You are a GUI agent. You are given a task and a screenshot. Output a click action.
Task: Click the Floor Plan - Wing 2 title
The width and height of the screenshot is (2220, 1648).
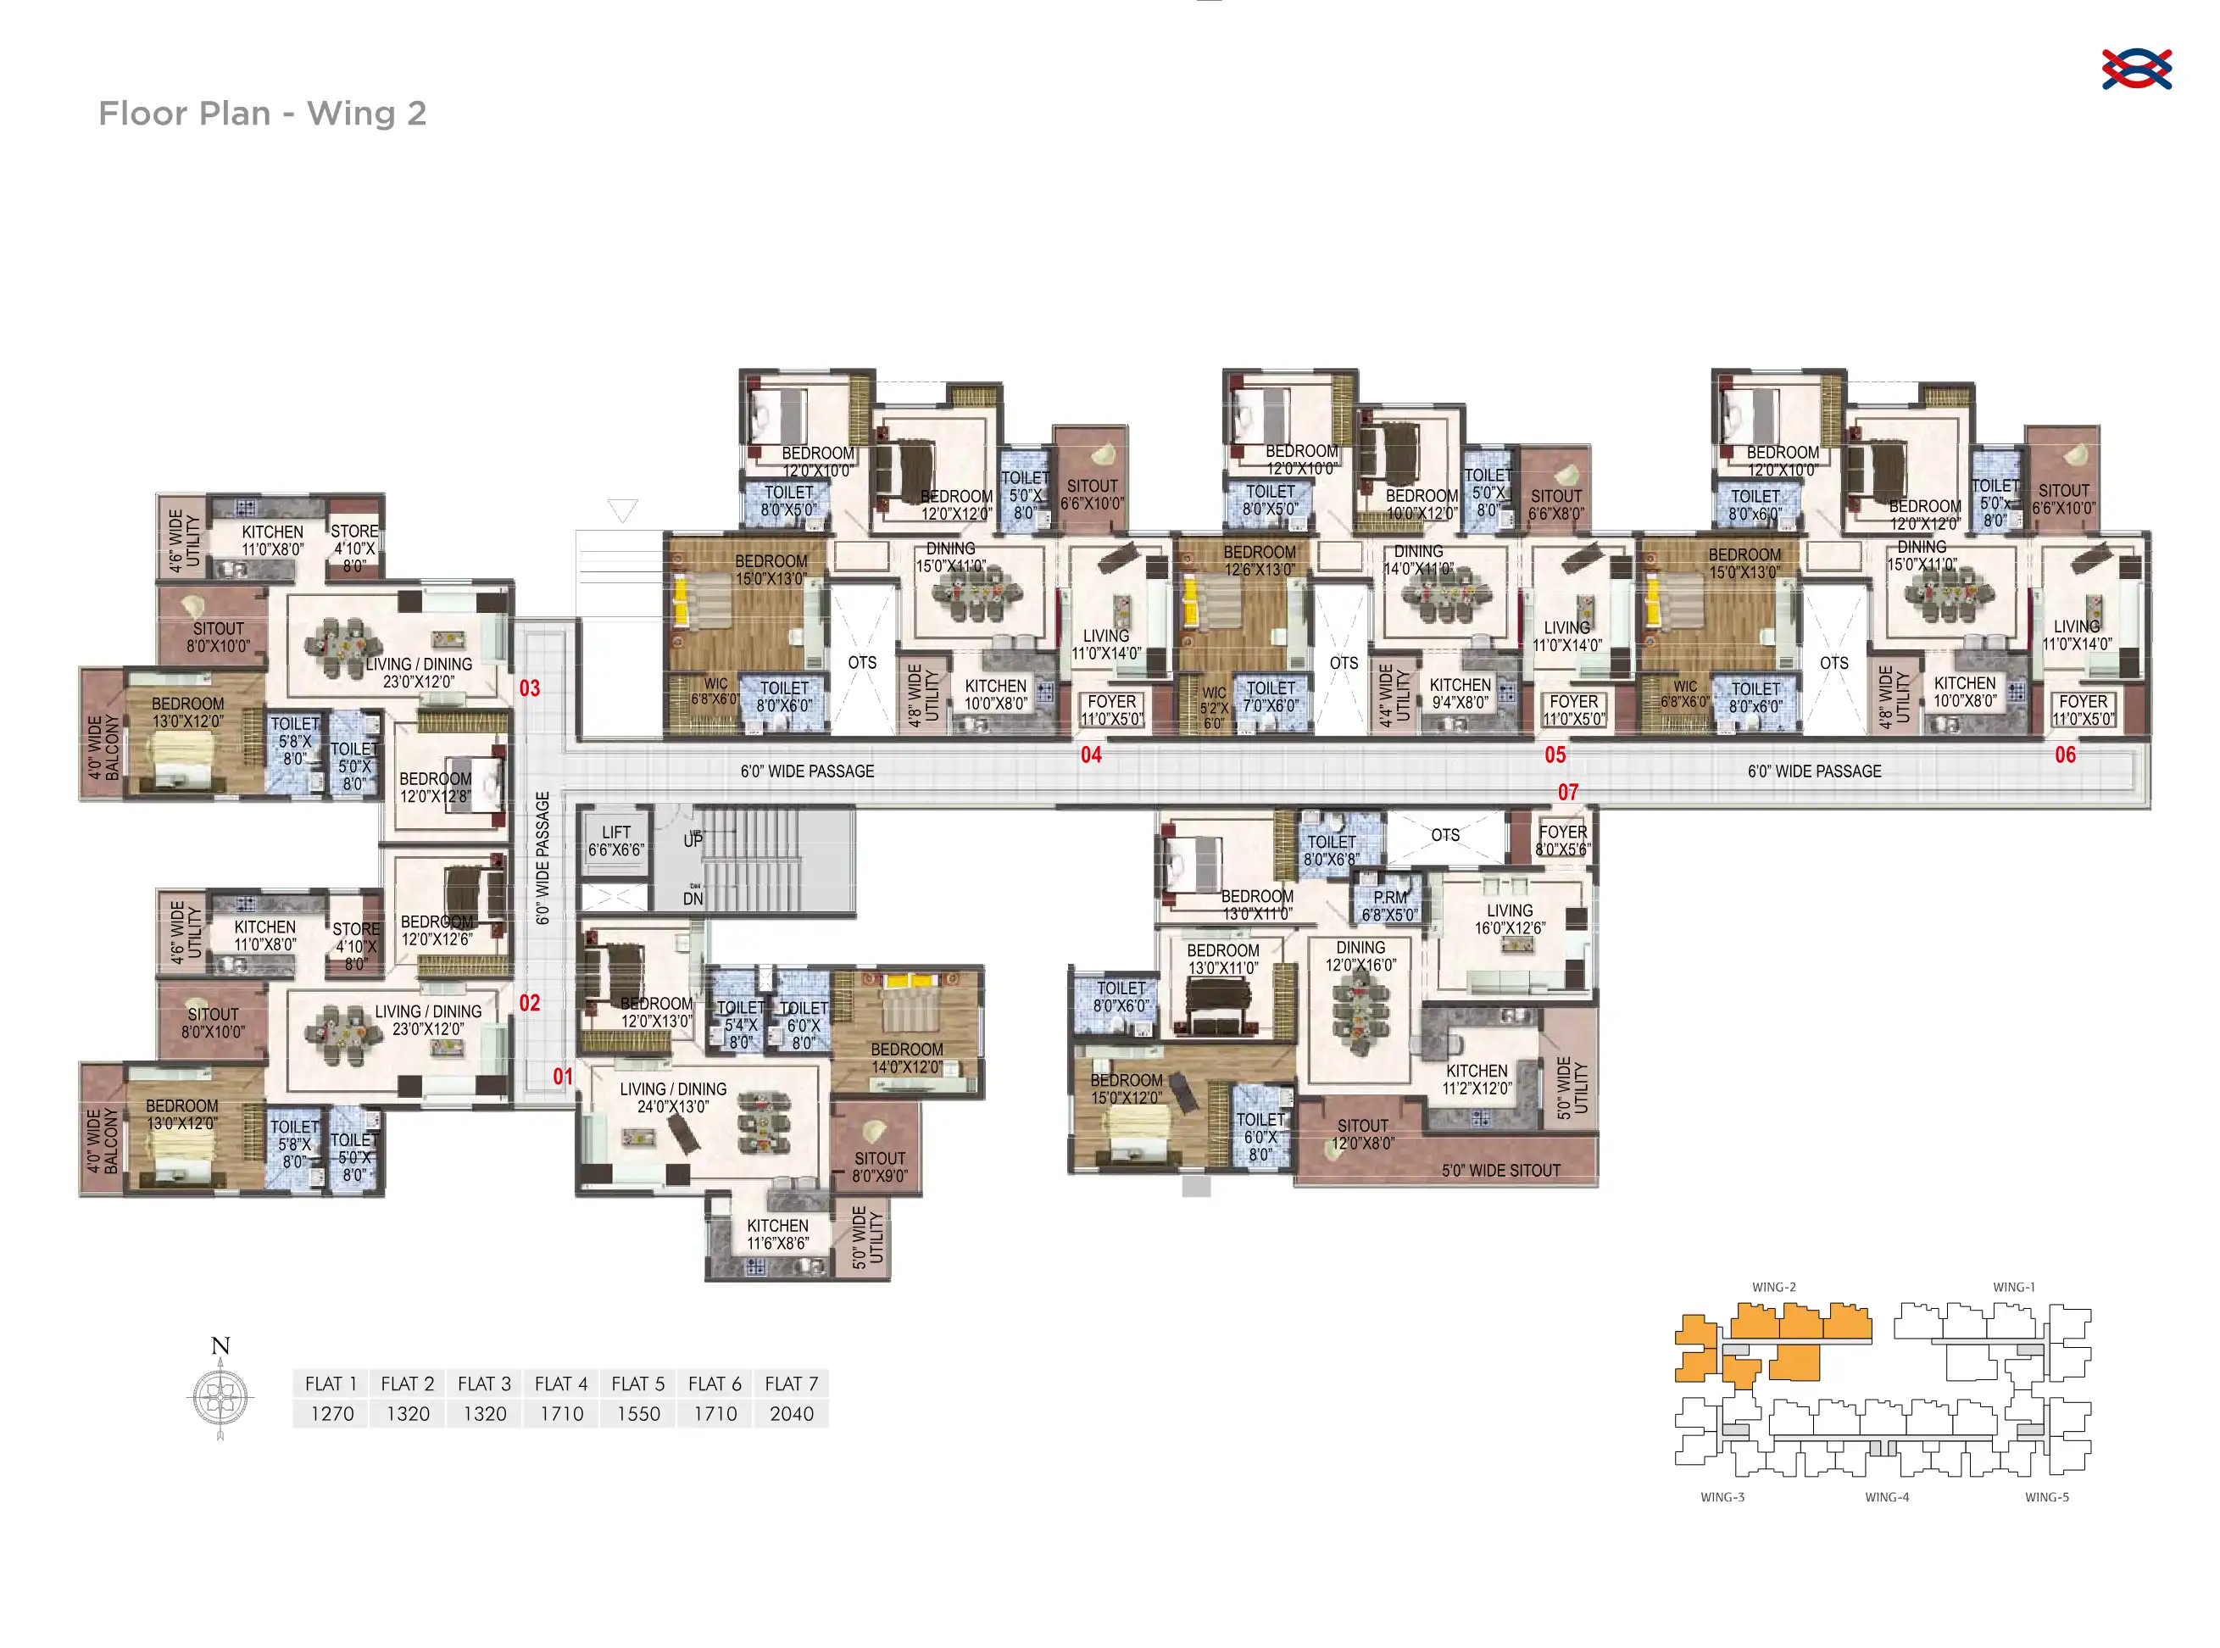point(262,114)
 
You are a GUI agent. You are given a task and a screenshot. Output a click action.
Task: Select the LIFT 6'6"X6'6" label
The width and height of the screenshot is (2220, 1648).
point(615,841)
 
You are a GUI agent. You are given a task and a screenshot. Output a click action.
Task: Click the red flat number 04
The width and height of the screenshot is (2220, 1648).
point(1091,755)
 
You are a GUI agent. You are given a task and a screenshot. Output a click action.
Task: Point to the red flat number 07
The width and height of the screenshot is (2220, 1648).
point(1568,792)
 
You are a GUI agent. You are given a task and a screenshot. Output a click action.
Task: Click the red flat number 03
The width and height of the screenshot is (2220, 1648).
point(530,688)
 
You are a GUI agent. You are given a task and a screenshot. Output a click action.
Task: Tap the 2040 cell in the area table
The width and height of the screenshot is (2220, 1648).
point(791,1413)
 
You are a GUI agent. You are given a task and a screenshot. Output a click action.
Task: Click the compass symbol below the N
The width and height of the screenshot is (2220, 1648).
point(220,1396)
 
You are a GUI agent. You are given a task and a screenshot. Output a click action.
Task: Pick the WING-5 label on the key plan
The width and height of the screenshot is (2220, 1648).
point(2045,1497)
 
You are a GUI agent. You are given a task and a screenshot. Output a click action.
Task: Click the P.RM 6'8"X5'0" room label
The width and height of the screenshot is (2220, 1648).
point(1389,905)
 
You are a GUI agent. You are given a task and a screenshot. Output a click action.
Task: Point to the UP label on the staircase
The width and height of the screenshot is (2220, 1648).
point(693,840)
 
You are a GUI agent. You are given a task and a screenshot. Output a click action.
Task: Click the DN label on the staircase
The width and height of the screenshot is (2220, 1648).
point(693,899)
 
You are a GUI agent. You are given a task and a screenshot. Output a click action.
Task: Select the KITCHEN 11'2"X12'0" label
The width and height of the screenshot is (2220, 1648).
point(1477,1079)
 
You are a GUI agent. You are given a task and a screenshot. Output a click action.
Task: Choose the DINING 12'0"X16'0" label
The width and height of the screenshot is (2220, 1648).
point(1360,955)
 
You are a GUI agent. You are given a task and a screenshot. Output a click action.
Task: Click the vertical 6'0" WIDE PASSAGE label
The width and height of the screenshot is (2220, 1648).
point(542,858)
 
